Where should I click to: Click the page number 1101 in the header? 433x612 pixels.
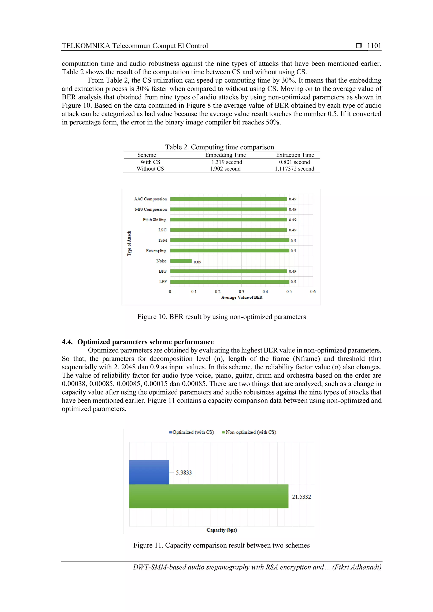pos(374,46)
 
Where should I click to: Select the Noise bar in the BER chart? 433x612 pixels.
pos(181,261)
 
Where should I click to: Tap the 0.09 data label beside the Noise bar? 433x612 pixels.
pos(197,262)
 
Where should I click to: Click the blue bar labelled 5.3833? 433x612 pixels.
pos(149,472)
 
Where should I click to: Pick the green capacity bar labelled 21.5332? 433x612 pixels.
pos(208,496)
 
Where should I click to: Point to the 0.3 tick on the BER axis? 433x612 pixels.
pos(241,292)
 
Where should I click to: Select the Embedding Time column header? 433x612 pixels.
pos(225,155)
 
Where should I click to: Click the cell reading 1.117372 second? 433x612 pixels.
pos(294,169)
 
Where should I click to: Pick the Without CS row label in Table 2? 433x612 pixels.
pos(150,169)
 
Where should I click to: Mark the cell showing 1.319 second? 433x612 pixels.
pos(227,162)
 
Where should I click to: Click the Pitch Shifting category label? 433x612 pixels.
pos(154,220)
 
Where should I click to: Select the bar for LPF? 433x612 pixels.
pos(229,282)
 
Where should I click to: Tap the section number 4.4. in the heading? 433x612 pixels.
pos(67,342)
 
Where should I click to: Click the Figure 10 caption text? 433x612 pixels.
pos(221,317)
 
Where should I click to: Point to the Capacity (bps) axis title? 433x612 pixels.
pos(222,530)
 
